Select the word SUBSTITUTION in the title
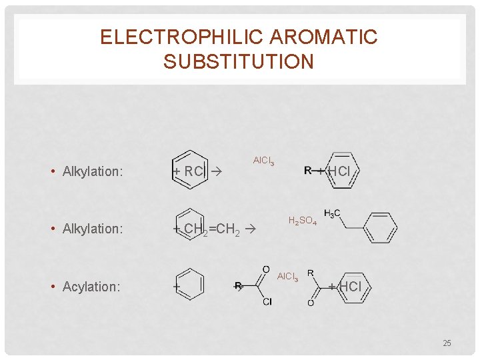(239, 62)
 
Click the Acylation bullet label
(91, 287)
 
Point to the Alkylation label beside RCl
(93, 171)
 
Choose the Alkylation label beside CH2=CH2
(93, 229)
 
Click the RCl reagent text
(193, 171)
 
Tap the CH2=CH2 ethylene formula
(211, 230)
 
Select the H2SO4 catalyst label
(302, 221)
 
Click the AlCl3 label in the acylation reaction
(288, 277)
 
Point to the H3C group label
(332, 213)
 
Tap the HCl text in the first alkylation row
(339, 171)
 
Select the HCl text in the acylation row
(349, 287)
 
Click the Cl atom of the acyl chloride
(267, 302)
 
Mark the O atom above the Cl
(266, 269)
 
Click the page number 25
(447, 343)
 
